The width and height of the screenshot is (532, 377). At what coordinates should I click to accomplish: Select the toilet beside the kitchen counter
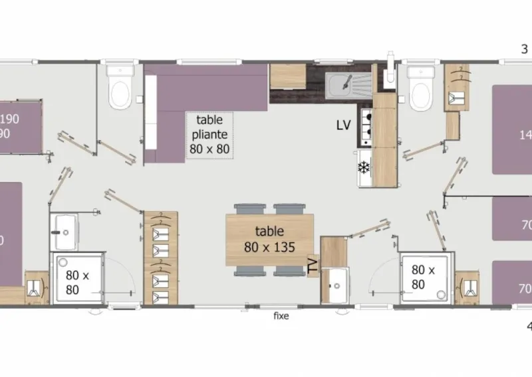(421, 89)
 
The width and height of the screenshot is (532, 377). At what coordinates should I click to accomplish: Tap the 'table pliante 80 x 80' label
(209, 134)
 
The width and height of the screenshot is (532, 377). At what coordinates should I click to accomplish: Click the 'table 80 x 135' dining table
(269, 238)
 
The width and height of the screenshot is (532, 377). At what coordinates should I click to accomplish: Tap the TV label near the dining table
(313, 266)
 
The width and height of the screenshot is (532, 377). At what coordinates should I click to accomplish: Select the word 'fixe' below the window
(281, 316)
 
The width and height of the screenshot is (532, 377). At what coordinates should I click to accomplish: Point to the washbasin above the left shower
(65, 228)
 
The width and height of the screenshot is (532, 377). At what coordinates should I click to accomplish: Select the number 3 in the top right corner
(525, 48)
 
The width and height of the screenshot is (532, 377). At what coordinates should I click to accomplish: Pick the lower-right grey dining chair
(287, 270)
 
